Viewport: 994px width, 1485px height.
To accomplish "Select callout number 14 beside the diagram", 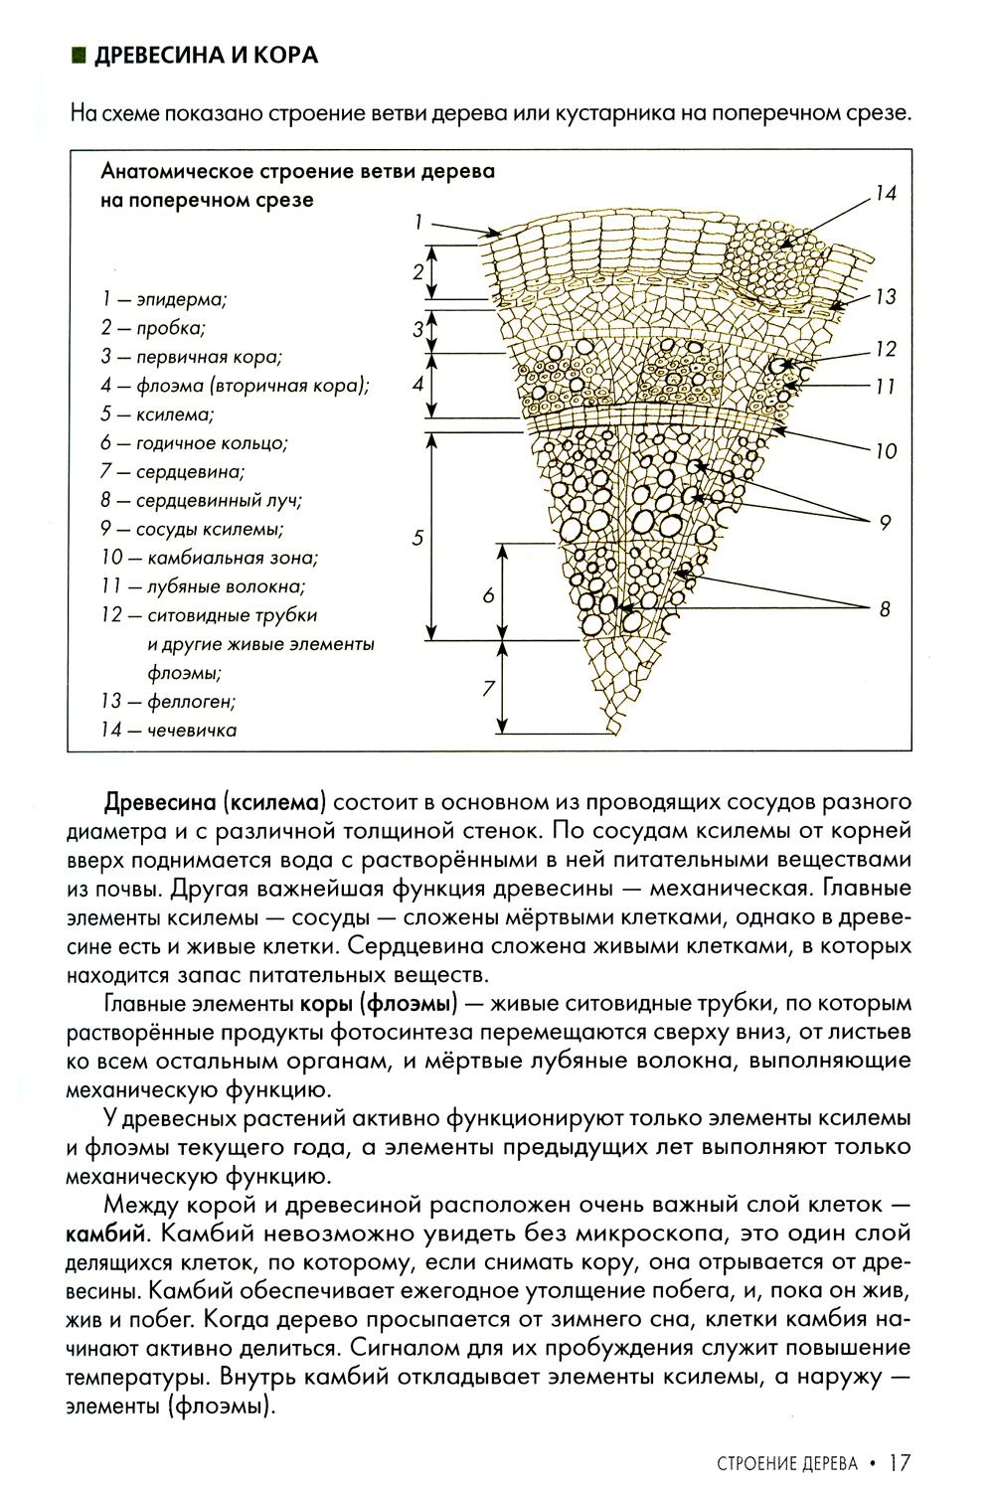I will click(x=885, y=194).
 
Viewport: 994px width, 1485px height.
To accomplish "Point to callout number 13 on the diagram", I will click(x=885, y=296).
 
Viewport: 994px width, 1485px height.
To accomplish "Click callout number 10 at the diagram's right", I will click(x=885, y=451).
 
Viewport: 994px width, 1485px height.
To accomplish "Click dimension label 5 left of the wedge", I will click(x=417, y=538).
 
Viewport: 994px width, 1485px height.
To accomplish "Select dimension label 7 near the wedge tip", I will click(x=488, y=688).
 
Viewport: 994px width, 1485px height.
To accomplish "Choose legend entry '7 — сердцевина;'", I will click(x=173, y=472).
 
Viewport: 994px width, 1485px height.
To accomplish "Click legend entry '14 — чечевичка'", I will click(x=169, y=731).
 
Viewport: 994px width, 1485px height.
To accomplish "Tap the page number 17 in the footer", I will click(x=901, y=1463).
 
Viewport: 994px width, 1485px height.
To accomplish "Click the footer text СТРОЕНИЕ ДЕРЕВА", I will click(x=786, y=1464).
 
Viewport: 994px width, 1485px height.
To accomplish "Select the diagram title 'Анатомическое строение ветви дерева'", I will click(x=298, y=170).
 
